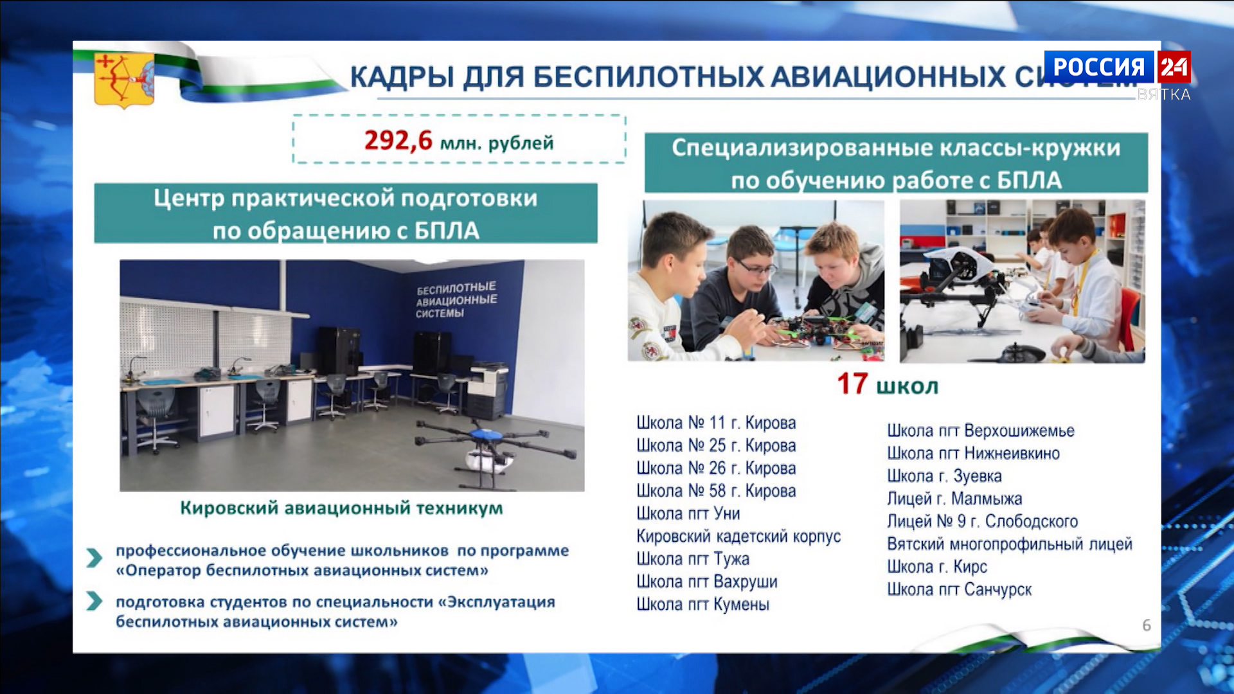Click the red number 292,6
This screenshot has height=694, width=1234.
tap(398, 140)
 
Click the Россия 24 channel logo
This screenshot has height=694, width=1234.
tap(1117, 67)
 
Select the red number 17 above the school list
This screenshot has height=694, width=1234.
tap(852, 384)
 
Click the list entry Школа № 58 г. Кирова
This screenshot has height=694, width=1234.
tap(716, 491)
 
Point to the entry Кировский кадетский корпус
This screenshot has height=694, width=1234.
tap(738, 537)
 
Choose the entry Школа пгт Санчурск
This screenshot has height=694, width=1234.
tap(959, 589)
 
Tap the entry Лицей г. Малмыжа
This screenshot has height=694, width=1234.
tap(954, 499)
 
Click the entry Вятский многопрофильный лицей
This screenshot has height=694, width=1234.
tap(1009, 544)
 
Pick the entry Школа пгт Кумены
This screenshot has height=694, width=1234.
tap(702, 605)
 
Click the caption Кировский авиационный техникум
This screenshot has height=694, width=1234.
tap(341, 508)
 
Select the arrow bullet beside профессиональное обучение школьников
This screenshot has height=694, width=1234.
tap(94, 557)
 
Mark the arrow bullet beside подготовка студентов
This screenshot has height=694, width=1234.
tap(94, 601)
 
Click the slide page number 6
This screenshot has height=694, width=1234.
tap(1146, 625)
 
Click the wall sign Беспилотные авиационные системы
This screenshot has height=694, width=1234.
tap(456, 299)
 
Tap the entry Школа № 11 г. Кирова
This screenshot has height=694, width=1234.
tap(716, 423)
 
